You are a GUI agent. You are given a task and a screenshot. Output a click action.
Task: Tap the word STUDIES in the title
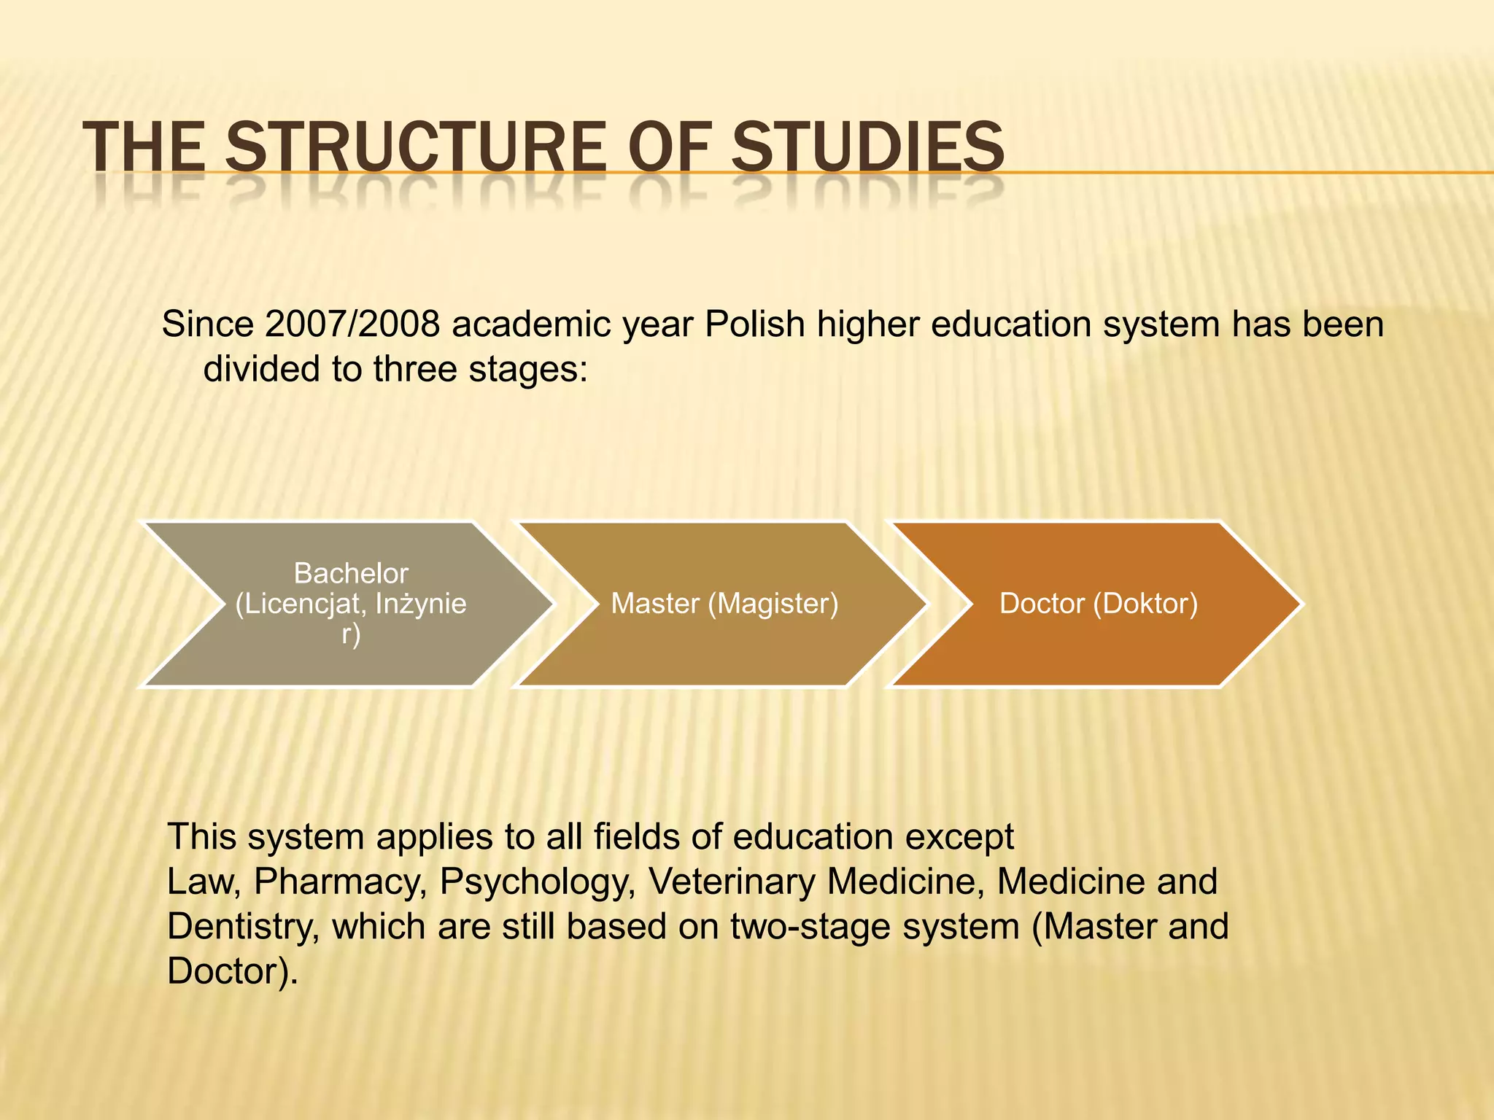pos(867,147)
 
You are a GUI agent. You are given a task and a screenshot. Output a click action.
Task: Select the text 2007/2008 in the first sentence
pos(352,324)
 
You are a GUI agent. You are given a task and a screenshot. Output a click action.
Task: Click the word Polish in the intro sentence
pos(754,324)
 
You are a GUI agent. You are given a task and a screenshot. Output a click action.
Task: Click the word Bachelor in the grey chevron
pos(350,573)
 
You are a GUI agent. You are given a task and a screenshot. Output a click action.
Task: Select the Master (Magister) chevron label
pos(724,604)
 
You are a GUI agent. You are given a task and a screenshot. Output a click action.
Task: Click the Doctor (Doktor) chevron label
pos(1098,604)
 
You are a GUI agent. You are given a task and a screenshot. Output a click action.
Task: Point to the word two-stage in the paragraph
pos(810,927)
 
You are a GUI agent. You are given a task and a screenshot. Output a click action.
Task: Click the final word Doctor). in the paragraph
pos(232,971)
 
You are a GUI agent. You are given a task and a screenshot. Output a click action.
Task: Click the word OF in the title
pos(668,147)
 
